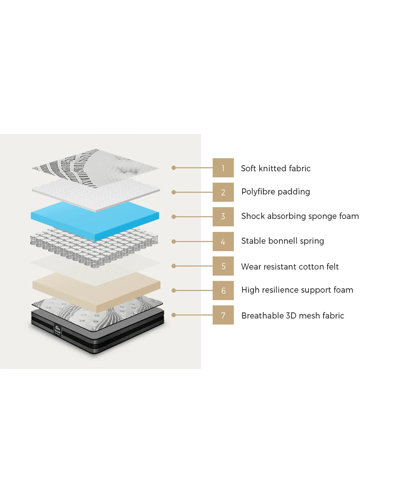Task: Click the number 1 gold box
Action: (x=223, y=168)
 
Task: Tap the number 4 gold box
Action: (x=223, y=241)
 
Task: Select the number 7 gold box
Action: (x=223, y=315)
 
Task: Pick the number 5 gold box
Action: (x=223, y=266)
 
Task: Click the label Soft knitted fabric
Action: (x=276, y=168)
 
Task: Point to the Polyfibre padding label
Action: (x=276, y=192)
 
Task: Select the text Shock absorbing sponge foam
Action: (x=300, y=216)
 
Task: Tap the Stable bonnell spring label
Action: (x=282, y=241)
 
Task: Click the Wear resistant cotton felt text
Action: (x=290, y=267)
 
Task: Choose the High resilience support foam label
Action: (x=297, y=290)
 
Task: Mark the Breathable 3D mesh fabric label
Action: (x=293, y=316)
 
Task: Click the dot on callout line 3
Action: (x=174, y=217)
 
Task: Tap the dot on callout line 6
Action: (x=174, y=290)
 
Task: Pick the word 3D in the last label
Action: (x=291, y=316)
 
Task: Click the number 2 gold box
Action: (x=223, y=192)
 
